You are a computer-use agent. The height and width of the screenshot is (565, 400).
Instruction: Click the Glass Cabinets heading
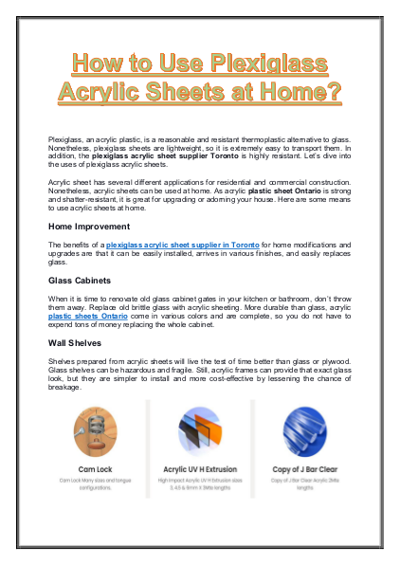point(83,282)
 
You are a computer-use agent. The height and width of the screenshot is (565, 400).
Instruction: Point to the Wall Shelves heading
point(78,342)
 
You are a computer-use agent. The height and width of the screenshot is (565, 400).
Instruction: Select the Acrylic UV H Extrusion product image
point(200,432)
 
